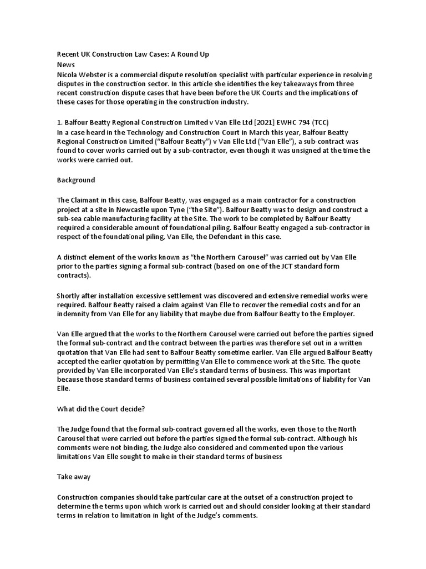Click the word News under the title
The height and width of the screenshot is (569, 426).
(66, 65)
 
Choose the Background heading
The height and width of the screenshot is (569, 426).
(76, 180)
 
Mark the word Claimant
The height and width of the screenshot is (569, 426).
(88, 200)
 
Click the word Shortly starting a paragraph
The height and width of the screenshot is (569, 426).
(70, 296)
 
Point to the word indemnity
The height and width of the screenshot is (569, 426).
(75, 315)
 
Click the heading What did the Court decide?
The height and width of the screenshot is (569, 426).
(101, 410)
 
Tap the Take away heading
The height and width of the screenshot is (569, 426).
(74, 477)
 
